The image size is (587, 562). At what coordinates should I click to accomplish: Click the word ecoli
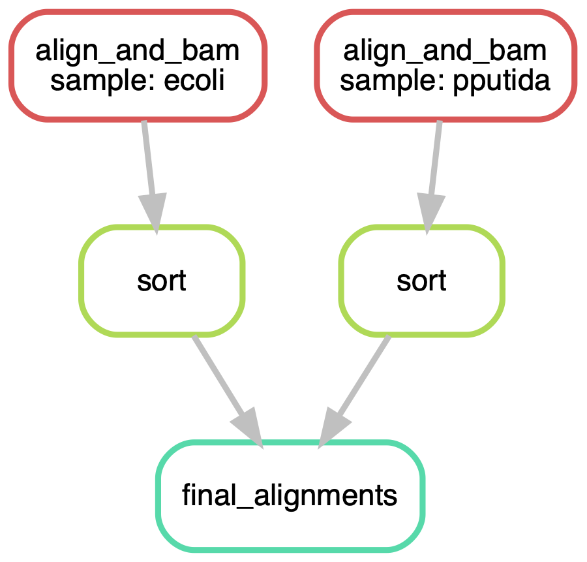coord(194,80)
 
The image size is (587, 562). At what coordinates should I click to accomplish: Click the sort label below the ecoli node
coord(161,281)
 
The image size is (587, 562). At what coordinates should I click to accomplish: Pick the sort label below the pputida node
coord(421,281)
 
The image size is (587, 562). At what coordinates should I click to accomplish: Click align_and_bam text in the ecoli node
coord(138,52)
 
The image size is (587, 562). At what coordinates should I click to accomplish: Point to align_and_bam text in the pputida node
coord(445,52)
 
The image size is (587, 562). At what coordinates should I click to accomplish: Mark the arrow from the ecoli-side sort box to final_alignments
coord(228,391)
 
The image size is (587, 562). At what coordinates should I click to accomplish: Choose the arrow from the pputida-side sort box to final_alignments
coord(354,391)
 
